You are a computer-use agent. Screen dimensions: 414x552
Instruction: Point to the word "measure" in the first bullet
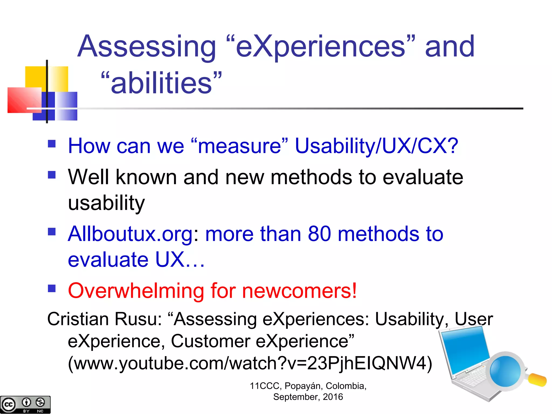point(239,146)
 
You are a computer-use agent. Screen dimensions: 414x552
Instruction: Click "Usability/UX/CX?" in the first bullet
point(376,146)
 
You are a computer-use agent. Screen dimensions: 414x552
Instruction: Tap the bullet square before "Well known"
point(51,175)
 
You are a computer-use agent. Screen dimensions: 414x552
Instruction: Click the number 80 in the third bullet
point(319,234)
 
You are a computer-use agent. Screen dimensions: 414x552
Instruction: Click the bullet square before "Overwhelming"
point(51,289)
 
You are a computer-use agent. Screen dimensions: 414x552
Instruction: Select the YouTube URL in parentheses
point(250,363)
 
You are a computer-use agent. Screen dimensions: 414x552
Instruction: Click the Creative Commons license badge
point(25,404)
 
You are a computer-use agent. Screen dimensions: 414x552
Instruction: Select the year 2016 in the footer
point(333,397)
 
